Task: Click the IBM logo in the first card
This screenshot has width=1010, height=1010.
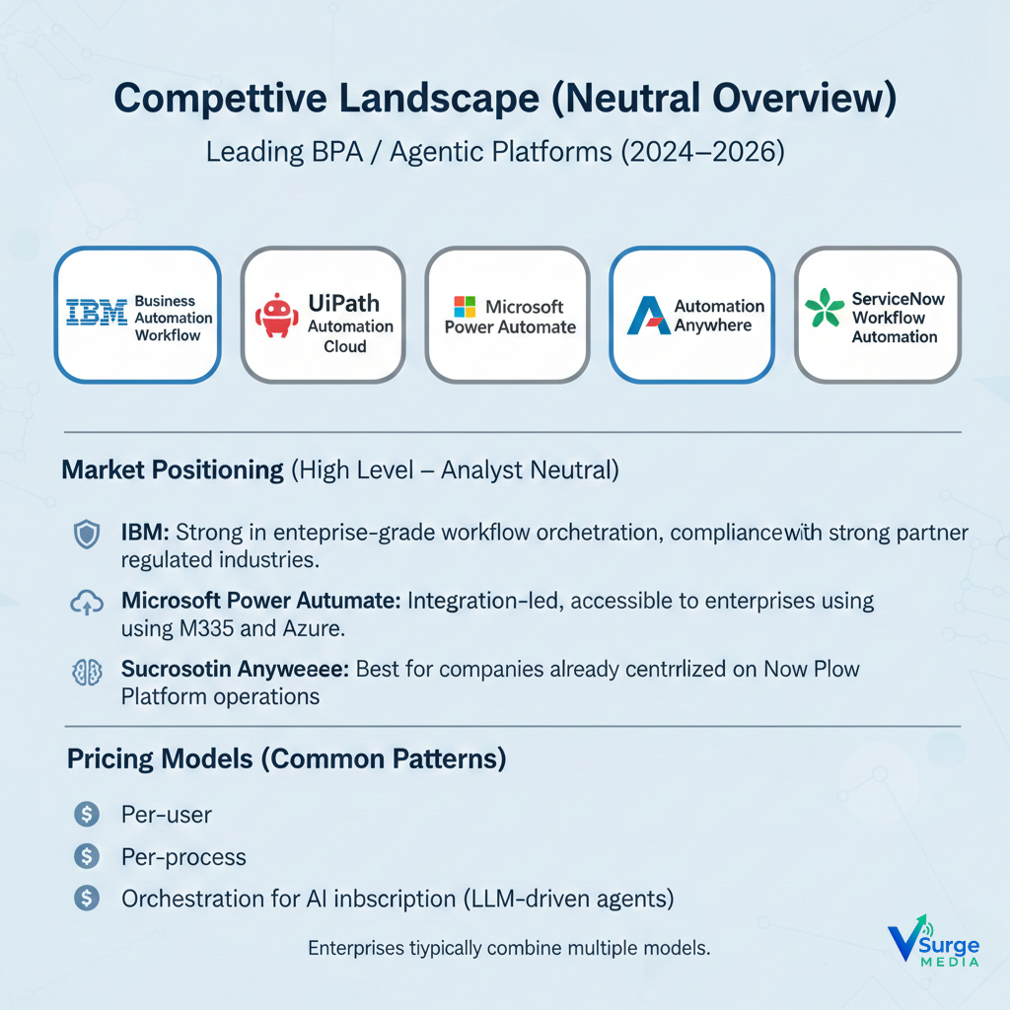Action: [96, 314]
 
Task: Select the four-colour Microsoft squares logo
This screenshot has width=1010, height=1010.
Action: [465, 307]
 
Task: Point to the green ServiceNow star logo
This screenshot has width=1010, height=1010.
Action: [825, 308]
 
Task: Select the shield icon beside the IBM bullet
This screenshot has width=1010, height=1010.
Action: [87, 535]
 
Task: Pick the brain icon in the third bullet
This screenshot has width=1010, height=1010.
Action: [87, 672]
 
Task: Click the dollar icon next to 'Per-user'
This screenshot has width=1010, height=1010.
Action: [87, 815]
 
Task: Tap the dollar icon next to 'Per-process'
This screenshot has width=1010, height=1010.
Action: [87, 856]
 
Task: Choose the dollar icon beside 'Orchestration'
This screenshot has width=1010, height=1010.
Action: [87, 898]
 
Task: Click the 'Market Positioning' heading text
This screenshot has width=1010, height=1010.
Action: [173, 469]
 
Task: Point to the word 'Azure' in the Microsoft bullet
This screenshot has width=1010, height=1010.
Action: [331, 627]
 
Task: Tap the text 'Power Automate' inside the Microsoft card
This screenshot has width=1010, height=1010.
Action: [510, 327]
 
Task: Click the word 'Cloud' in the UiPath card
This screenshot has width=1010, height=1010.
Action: [344, 347]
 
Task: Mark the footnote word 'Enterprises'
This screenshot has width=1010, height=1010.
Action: [356, 949]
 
